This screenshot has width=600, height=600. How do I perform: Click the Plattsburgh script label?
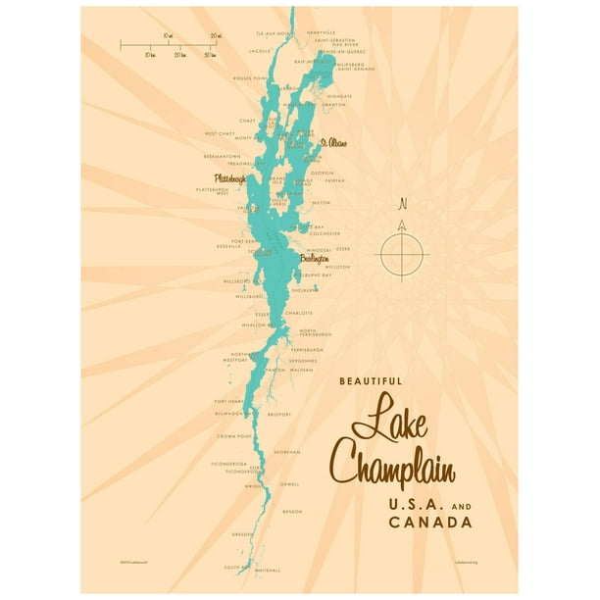click(x=229, y=179)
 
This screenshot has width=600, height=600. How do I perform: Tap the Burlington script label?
click(x=314, y=260)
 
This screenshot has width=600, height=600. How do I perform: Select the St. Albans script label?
click(x=333, y=143)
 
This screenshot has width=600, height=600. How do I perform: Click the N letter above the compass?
click(x=402, y=205)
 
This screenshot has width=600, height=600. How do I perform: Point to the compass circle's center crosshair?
click(x=402, y=252)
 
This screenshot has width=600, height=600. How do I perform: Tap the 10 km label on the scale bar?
click(x=149, y=55)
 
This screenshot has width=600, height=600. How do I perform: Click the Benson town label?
click(x=291, y=512)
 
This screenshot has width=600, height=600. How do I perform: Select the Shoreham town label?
click(x=286, y=452)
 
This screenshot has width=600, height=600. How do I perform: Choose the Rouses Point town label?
click(x=250, y=77)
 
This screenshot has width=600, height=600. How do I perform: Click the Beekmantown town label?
click(x=222, y=155)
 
